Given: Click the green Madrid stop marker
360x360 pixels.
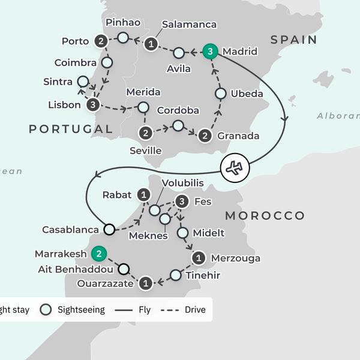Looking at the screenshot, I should tap(210, 52).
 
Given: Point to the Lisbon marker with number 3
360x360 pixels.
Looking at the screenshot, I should tap(93, 105).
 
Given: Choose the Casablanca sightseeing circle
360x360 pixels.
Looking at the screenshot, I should tap(109, 229).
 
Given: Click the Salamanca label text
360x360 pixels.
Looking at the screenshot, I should tap(188, 25).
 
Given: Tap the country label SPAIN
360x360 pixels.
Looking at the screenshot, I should tap(293, 40).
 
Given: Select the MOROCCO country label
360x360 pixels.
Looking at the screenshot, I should tap(265, 215).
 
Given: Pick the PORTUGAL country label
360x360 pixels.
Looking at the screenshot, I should tap(70, 129).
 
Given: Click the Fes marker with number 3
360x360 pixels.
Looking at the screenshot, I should tap(182, 202).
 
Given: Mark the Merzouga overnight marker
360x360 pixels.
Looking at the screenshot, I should tap(199, 258).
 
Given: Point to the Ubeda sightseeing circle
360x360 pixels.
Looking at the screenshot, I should tap(220, 94).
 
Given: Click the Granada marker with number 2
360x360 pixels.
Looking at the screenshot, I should tap(205, 136).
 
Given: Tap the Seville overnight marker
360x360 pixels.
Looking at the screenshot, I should tap(145, 133).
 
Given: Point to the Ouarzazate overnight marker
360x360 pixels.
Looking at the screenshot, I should tap(145, 282).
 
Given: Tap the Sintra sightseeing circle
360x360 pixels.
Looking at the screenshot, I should tap(83, 82).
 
